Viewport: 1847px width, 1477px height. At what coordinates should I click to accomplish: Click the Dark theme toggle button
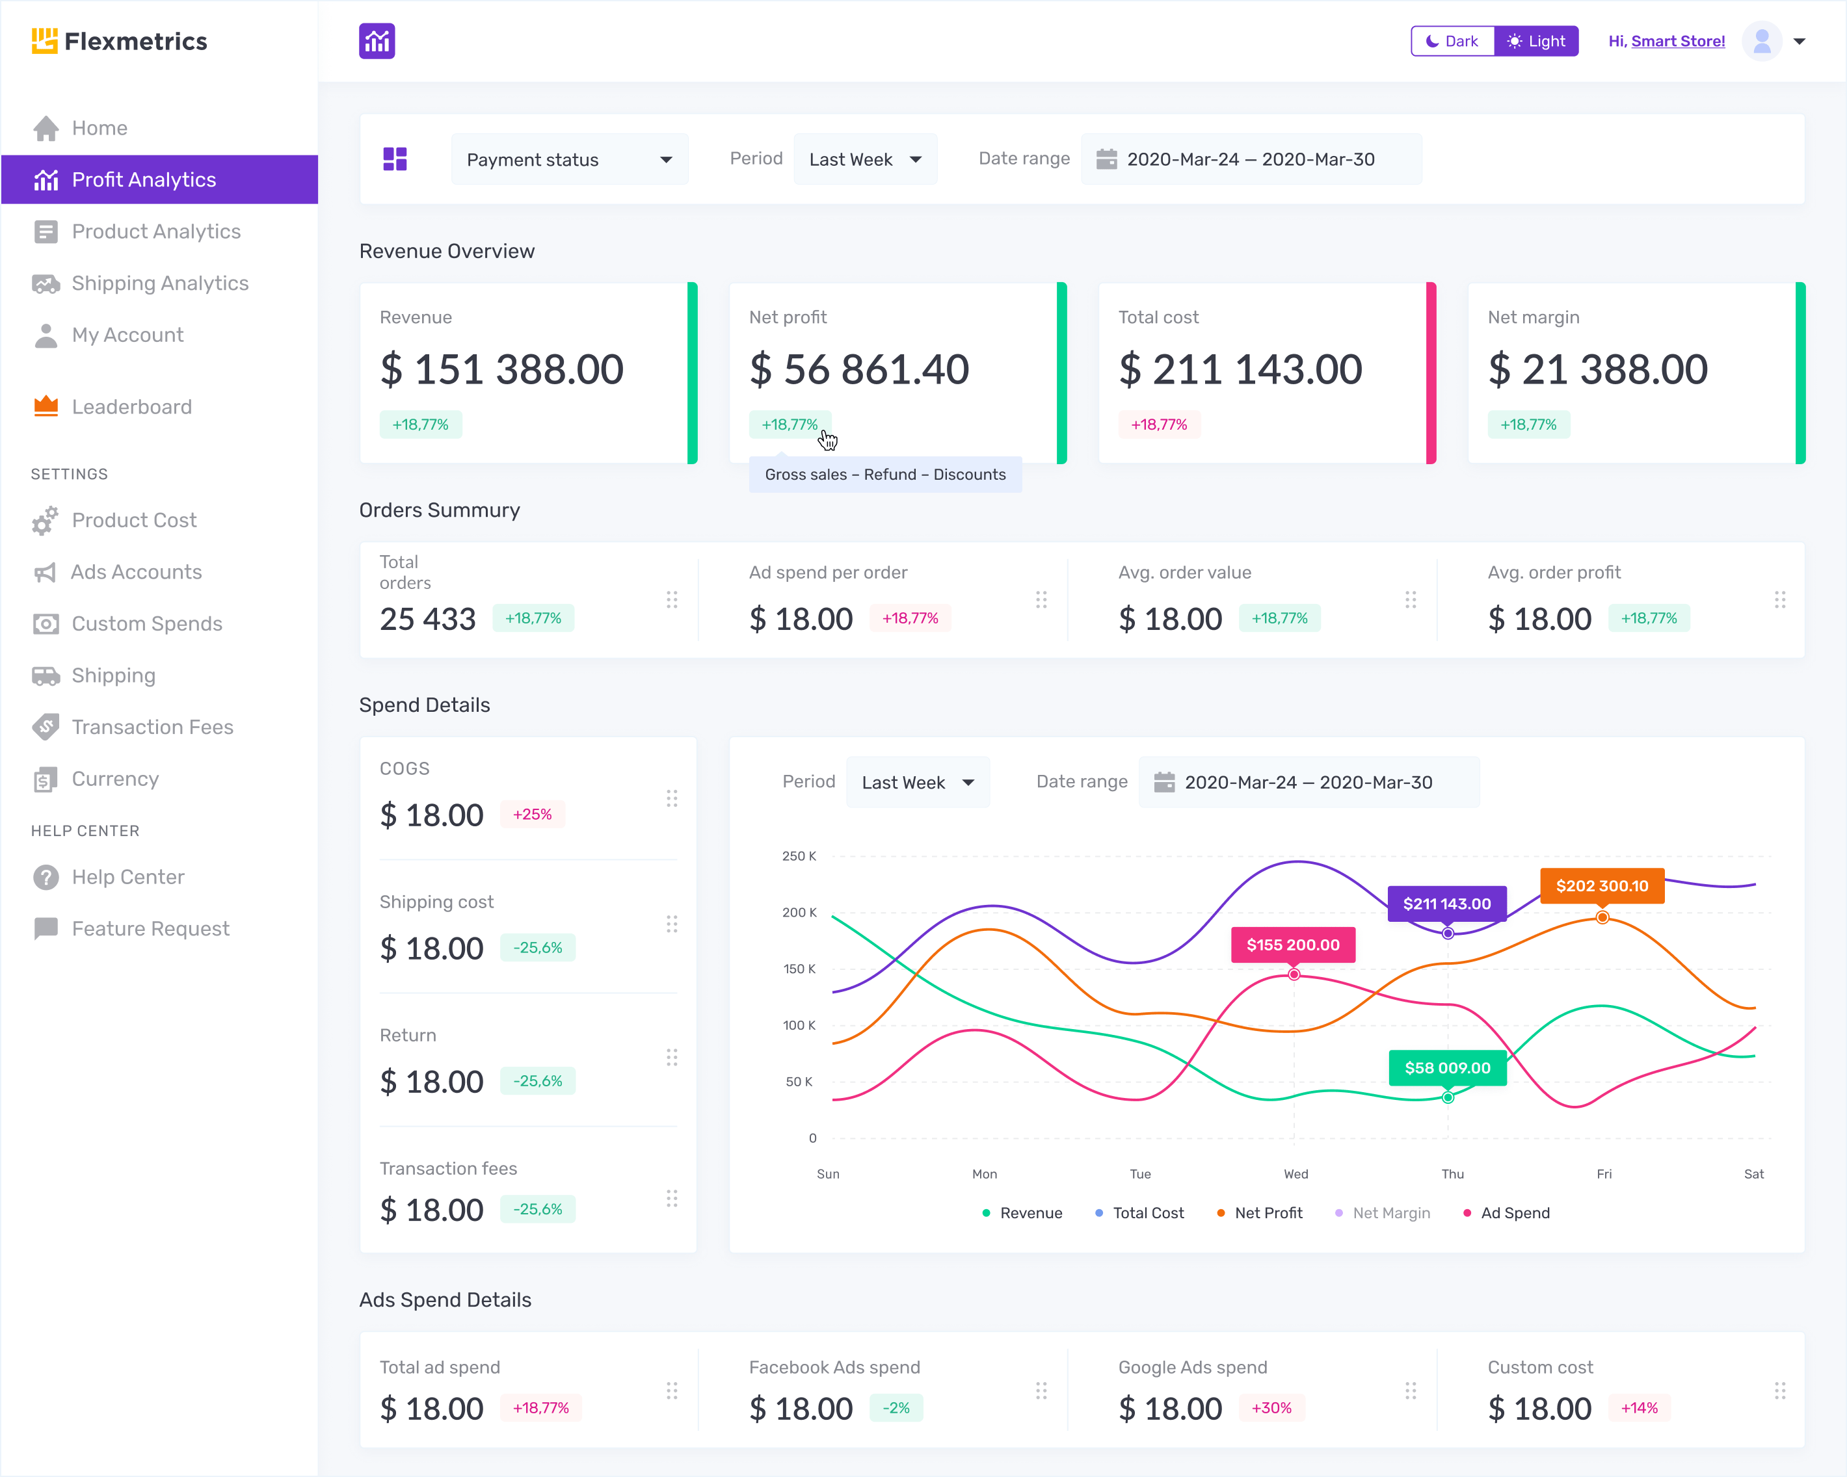click(x=1452, y=41)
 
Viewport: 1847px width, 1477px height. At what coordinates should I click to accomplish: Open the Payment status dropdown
click(x=569, y=159)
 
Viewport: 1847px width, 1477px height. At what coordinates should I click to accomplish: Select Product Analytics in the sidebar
click(x=156, y=231)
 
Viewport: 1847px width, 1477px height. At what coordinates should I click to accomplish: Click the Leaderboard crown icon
click(x=46, y=406)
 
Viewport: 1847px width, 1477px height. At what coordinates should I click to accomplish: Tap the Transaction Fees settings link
click(x=152, y=727)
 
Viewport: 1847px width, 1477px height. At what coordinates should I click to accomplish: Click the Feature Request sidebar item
click(x=150, y=928)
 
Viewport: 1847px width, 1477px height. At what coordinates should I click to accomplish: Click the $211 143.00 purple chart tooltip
click(x=1446, y=904)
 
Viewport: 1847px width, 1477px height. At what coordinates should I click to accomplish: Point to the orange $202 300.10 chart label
click(x=1601, y=885)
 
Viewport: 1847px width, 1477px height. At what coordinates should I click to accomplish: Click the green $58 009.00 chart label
click(x=1447, y=1067)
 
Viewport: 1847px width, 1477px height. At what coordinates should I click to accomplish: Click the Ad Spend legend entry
click(x=1514, y=1212)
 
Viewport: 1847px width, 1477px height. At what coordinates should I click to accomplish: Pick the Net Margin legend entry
click(x=1390, y=1212)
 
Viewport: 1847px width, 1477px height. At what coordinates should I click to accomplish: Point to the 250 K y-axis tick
click(x=799, y=856)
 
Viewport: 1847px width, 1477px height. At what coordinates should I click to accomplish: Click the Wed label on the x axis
click(x=1296, y=1174)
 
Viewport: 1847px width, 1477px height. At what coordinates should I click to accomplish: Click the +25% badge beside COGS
click(x=532, y=815)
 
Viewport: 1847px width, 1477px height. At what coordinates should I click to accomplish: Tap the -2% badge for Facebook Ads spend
click(x=896, y=1407)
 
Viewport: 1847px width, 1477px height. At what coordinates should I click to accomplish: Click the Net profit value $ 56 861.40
click(x=858, y=369)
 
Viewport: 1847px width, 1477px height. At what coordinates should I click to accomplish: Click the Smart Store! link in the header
click(x=1677, y=41)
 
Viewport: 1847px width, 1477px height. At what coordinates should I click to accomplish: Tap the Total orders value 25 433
click(x=427, y=618)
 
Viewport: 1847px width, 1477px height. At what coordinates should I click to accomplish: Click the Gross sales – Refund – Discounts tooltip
click(x=885, y=475)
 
